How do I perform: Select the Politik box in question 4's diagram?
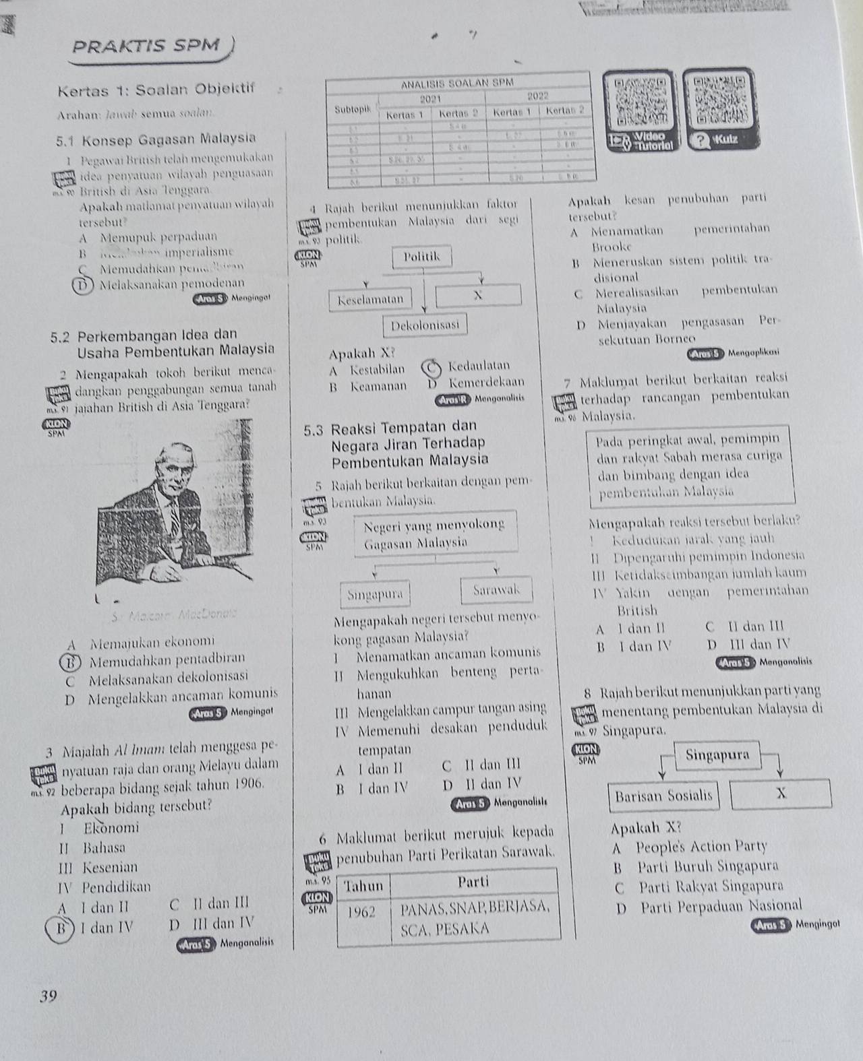point(421,256)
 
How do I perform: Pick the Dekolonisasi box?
point(425,325)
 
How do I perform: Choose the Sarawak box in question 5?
point(496,590)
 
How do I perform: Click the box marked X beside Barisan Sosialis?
point(781,794)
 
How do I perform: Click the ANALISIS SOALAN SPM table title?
point(458,84)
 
